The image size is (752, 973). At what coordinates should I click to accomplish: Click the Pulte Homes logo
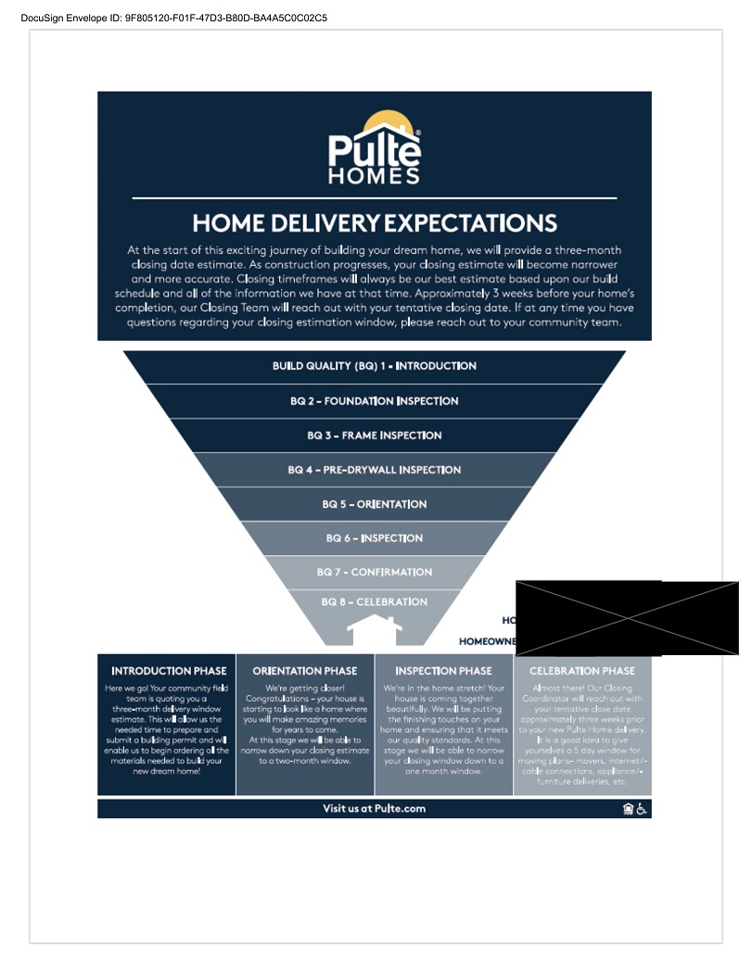tap(375, 150)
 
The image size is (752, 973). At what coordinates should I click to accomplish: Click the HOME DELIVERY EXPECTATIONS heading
tap(375, 223)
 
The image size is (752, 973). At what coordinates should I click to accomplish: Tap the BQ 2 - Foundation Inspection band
tap(375, 401)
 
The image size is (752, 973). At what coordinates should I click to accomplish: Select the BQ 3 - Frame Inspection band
tap(375, 436)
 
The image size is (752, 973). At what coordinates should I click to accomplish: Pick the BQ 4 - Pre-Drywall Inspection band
tap(375, 470)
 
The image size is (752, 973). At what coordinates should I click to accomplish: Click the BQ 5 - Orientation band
tap(375, 504)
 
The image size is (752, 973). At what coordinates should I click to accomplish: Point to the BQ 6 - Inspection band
tap(375, 538)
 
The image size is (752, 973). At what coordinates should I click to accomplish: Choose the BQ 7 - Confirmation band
tap(375, 573)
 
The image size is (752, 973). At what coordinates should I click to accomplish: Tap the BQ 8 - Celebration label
tap(375, 602)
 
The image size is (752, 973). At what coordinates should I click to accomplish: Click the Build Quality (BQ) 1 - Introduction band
tap(375, 366)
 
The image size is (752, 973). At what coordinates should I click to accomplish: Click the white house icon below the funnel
tap(375, 633)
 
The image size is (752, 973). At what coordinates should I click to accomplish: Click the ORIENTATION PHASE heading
tap(305, 671)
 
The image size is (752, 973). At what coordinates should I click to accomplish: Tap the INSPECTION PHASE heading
tap(443, 671)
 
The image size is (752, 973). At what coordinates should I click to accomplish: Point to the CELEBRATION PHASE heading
tap(582, 671)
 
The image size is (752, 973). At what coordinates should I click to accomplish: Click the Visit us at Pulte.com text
tap(375, 809)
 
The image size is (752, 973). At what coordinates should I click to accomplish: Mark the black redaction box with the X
tap(627, 618)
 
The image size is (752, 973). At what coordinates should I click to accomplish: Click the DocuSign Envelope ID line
tap(173, 18)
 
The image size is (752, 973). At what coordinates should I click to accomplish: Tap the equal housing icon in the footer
tap(628, 809)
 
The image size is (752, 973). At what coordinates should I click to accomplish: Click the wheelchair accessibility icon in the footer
tap(642, 809)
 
